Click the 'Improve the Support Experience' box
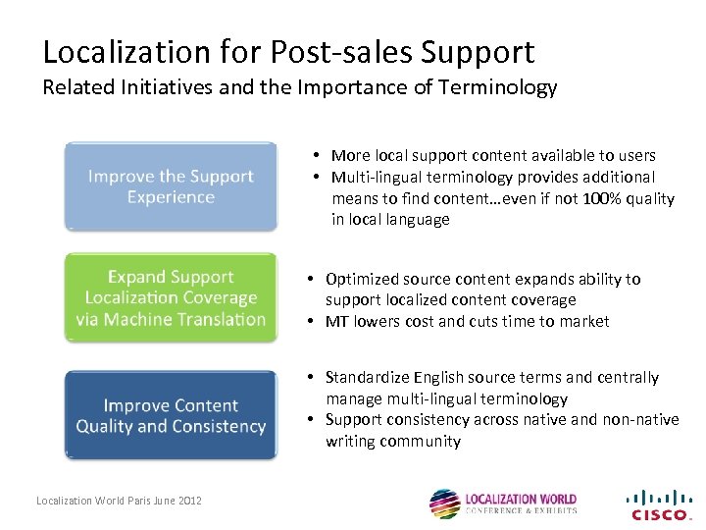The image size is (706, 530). coord(171,186)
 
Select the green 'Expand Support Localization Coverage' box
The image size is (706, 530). coord(171,298)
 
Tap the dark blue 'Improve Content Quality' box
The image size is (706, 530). coord(171,415)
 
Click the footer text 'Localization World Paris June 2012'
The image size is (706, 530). coord(119,501)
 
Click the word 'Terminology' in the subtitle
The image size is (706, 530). coord(499,87)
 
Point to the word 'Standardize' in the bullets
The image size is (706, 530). coord(367,377)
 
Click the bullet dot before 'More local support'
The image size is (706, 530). coord(320,155)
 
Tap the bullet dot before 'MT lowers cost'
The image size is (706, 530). coord(309,321)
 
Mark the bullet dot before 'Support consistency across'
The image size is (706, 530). coord(309,419)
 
